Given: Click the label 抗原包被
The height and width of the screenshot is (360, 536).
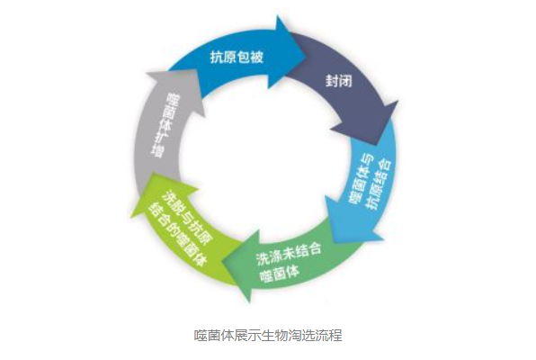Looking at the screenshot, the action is (237, 57).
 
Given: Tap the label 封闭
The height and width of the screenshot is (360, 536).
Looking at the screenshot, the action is (338, 81).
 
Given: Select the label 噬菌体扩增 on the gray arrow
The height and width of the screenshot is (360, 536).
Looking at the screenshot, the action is (164, 126).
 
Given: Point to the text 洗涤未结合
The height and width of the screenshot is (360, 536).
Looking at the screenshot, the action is (290, 255).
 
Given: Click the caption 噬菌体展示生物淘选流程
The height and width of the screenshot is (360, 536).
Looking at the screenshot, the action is (268, 335).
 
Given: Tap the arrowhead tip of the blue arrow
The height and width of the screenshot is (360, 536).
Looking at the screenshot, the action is (305, 54).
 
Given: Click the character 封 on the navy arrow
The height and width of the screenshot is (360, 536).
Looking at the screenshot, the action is (332, 81).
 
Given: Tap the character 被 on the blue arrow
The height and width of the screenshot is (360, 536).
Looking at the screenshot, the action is (256, 58).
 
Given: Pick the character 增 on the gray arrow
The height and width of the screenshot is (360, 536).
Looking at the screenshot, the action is (156, 151).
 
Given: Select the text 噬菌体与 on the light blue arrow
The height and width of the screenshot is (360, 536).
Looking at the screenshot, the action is (361, 180).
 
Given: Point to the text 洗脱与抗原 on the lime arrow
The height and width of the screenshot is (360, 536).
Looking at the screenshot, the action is (188, 216).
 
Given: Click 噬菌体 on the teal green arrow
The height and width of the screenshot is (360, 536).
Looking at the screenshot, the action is (281, 273).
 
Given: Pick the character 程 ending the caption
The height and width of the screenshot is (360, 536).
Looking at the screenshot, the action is (335, 335).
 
